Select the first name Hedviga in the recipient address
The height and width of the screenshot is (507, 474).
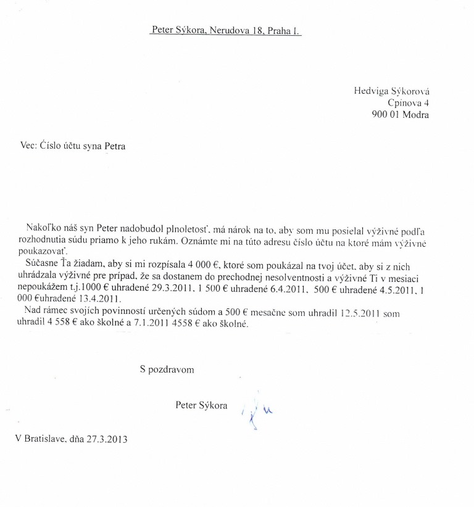[370, 91]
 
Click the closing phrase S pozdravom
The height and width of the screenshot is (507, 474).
[167, 370]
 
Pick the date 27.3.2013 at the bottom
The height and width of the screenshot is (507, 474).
[111, 440]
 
